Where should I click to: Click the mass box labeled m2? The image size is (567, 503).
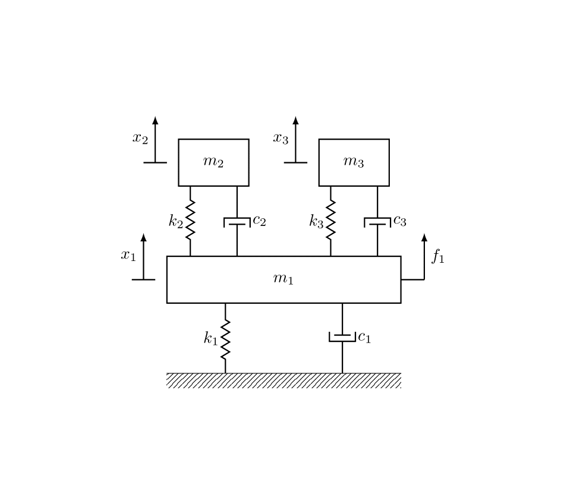(213, 162)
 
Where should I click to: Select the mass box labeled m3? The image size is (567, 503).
(354, 162)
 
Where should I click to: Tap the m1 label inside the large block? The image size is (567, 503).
(283, 279)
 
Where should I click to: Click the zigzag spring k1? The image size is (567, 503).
(225, 339)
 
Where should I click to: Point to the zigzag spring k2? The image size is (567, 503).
(190, 220)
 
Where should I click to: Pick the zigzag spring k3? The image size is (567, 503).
(330, 220)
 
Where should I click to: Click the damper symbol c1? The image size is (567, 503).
(342, 337)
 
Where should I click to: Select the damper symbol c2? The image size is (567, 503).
(237, 222)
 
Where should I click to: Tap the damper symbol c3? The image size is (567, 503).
(377, 222)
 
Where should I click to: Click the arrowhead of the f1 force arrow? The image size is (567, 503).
(424, 237)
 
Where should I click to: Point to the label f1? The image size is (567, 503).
(438, 256)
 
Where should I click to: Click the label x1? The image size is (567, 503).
(128, 256)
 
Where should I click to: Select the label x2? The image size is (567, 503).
(140, 139)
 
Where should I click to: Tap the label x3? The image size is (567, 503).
(281, 139)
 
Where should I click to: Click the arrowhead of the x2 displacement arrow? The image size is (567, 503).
(155, 120)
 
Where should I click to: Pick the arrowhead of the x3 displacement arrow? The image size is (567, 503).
(295, 120)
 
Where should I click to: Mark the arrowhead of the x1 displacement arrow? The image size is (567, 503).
(143, 237)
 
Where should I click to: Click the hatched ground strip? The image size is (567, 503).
(283, 381)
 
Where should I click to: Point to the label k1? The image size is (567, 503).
(210, 338)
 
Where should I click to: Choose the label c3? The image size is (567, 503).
(399, 221)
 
